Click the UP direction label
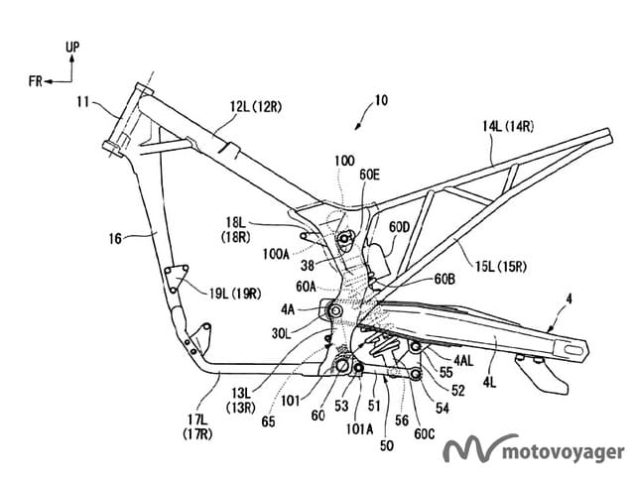(x=71, y=47)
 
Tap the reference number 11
(x=83, y=100)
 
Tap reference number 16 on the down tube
(x=117, y=238)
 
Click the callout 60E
(x=370, y=175)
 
